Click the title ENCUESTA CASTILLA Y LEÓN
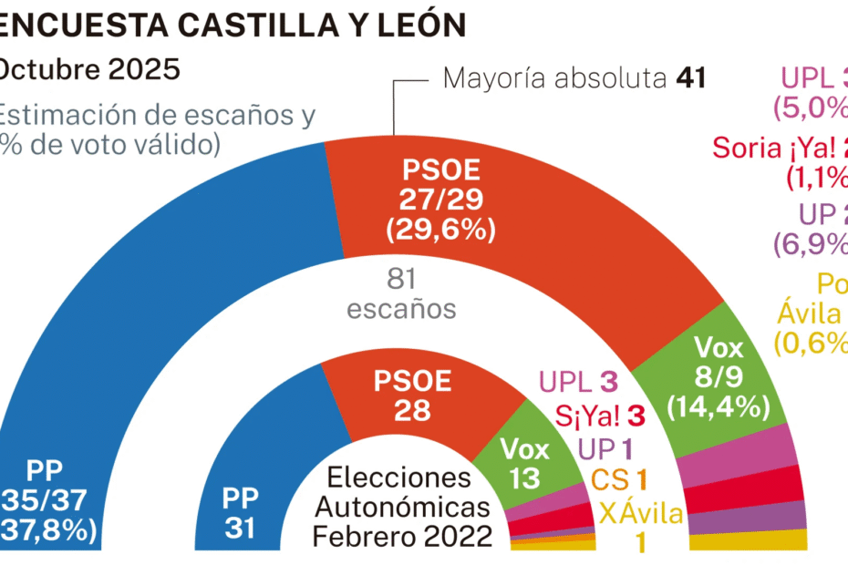click(233, 25)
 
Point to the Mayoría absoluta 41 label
click(574, 78)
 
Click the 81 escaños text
click(401, 293)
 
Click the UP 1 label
click(605, 447)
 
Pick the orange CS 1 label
click(619, 479)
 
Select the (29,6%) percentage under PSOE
click(440, 229)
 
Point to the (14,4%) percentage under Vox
click(719, 406)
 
